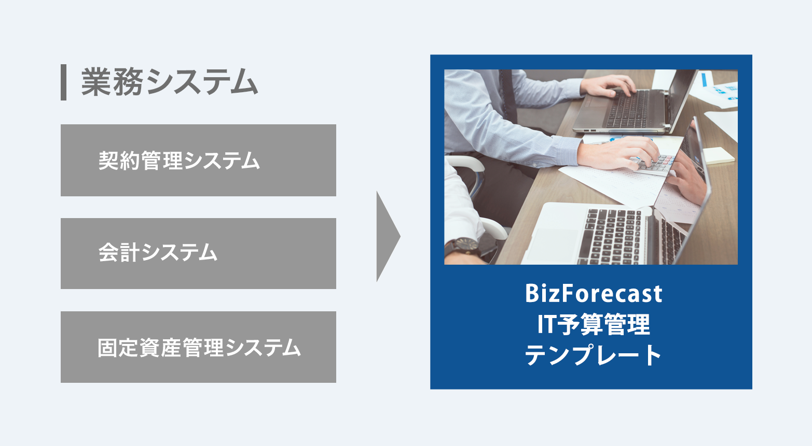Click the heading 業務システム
170,82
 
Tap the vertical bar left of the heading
63,82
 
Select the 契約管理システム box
198,161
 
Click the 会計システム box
198,253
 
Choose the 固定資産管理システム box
198,347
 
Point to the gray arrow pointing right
388,236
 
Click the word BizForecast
594,294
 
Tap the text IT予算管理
594,324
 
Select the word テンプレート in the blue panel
594,355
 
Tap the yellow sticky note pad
720,156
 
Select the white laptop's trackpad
553,245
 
